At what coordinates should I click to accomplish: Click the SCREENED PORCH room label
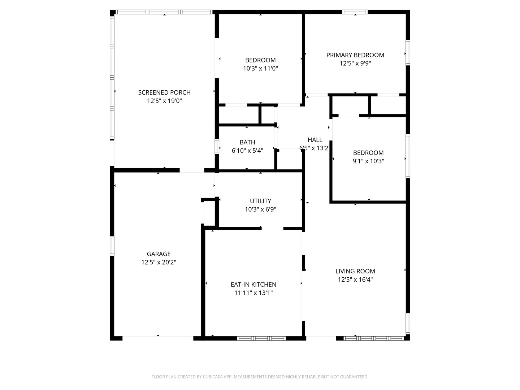click(164, 92)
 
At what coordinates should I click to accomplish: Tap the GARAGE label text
click(159, 254)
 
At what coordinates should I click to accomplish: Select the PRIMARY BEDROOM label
click(355, 55)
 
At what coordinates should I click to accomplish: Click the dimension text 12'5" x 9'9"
click(355, 64)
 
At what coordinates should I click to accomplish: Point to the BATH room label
click(247, 142)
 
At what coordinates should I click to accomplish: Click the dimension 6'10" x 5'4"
click(247, 151)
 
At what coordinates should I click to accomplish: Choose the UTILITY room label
click(260, 201)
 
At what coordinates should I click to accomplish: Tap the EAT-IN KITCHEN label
click(253, 285)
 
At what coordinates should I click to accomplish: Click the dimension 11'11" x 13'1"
click(253, 293)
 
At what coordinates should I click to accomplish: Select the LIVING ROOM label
click(355, 271)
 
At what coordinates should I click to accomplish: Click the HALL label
click(315, 140)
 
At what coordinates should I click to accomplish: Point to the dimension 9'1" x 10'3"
click(368, 161)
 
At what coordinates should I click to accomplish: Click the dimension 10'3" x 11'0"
click(260, 68)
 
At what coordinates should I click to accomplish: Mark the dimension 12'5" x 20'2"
click(159, 262)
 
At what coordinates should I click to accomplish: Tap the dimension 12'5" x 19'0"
click(164, 101)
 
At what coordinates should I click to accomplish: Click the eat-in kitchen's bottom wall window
click(261, 338)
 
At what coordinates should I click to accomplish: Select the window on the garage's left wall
click(112, 246)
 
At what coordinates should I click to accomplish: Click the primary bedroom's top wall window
click(355, 12)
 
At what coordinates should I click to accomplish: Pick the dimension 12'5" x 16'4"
click(355, 279)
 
